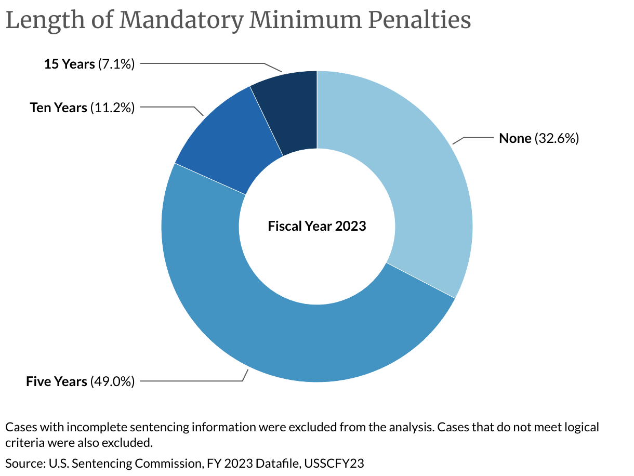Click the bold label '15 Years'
tap(70, 64)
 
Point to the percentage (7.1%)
tap(116, 64)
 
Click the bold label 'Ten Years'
tap(58, 108)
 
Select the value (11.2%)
tap(112, 108)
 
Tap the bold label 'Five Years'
tap(57, 381)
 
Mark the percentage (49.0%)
tap(112, 381)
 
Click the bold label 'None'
tap(515, 138)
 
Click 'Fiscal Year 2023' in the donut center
tap(317, 226)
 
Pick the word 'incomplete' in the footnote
tap(83, 428)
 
